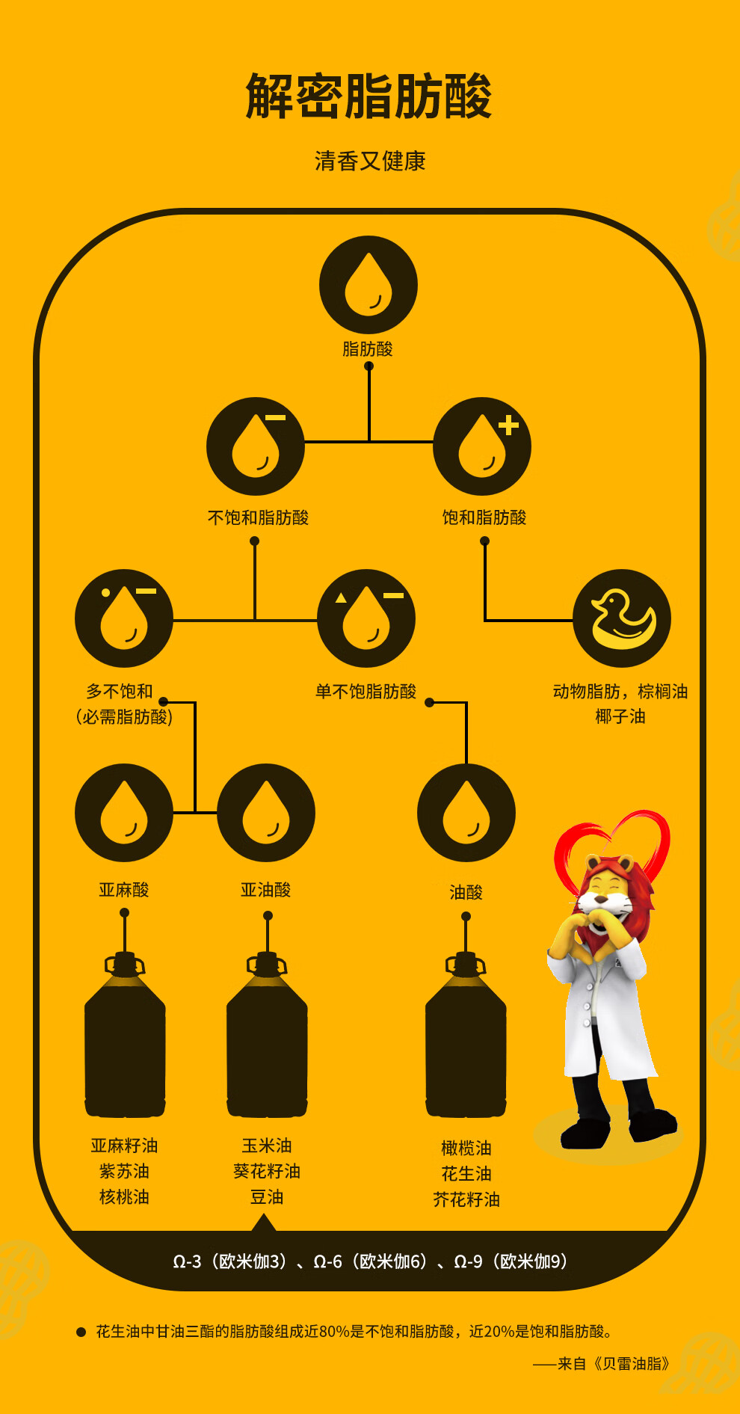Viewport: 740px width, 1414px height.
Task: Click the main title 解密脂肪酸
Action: [369, 96]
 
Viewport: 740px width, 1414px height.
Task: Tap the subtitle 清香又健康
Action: [370, 162]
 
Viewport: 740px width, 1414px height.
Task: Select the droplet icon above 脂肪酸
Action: [368, 285]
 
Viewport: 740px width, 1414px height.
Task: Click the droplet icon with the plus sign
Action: [482, 446]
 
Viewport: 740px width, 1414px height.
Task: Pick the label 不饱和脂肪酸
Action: [258, 517]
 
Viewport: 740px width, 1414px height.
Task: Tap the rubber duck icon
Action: [622, 618]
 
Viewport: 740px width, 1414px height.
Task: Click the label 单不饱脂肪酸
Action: [366, 692]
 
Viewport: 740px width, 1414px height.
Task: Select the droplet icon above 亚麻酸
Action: [124, 813]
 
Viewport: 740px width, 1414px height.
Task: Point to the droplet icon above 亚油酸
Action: [266, 813]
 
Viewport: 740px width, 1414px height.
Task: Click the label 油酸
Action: [466, 892]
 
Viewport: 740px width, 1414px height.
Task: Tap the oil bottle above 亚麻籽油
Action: [125, 1036]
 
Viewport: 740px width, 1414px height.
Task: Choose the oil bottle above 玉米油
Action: [267, 1036]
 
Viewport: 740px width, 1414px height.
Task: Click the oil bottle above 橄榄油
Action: [466, 1036]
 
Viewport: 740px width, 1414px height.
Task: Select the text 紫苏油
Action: [124, 1171]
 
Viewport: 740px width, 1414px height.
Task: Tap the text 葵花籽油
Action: [267, 1171]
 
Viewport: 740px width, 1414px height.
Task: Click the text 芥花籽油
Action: [466, 1199]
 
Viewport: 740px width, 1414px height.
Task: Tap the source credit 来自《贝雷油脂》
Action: [612, 1363]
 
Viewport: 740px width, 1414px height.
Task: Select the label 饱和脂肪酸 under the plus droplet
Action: [484, 517]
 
